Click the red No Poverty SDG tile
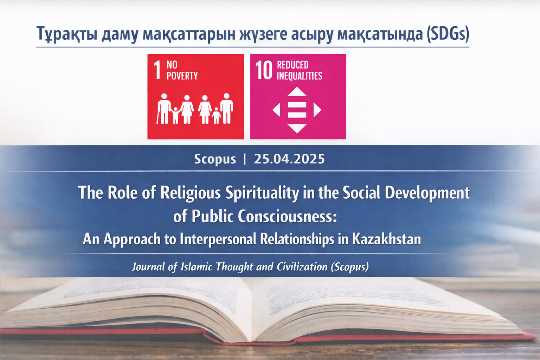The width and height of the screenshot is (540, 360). click(195, 96)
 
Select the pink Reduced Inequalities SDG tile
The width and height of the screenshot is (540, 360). click(298, 96)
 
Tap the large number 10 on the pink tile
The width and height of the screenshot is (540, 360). click(264, 70)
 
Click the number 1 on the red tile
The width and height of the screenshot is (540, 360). click(157, 70)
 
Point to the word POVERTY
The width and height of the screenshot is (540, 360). click(182, 76)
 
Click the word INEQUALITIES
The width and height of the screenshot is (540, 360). click(300, 76)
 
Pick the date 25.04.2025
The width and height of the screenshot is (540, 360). click(289, 159)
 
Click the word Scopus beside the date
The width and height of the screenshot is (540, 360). click(215, 159)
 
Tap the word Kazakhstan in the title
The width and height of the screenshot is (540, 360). click(386, 239)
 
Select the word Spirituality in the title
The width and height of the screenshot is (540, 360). click(262, 193)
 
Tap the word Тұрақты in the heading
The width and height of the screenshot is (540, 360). click(67, 34)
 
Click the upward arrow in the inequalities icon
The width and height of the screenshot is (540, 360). click(297, 92)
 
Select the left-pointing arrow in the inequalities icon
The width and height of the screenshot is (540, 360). click(276, 110)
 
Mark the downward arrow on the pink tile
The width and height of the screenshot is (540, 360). click(297, 128)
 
